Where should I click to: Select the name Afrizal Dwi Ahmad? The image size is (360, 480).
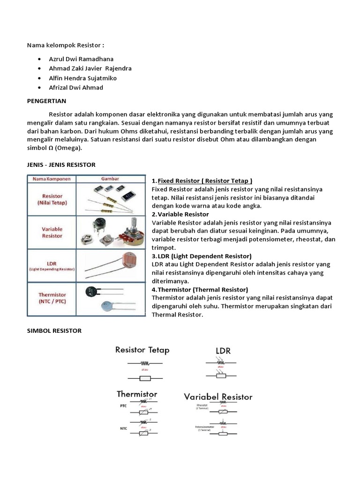click(76, 88)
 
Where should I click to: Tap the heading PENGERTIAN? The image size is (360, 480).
click(46, 101)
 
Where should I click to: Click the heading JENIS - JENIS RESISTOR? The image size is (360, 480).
click(60, 165)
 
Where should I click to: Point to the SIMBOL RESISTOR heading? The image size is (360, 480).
click(53, 330)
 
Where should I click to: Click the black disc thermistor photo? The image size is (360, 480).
click(93, 292)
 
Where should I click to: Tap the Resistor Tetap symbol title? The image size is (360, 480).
click(142, 350)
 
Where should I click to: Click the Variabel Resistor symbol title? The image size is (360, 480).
click(218, 397)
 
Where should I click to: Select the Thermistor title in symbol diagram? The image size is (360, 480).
click(137, 394)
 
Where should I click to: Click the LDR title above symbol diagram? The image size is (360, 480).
click(223, 351)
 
